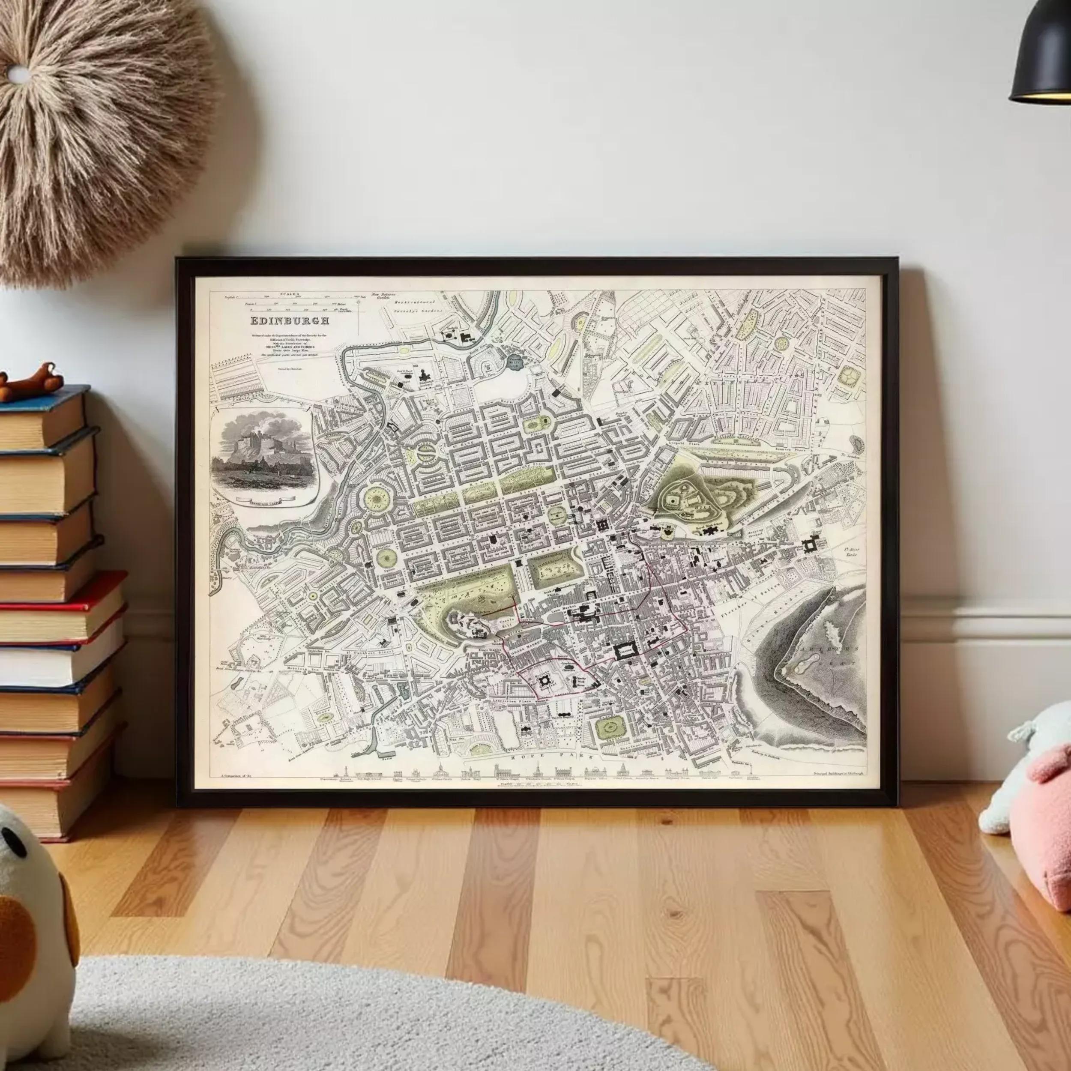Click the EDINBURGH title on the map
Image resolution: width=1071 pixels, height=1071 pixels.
coord(290,320)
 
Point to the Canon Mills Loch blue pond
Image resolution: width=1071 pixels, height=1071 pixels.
coord(517,363)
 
